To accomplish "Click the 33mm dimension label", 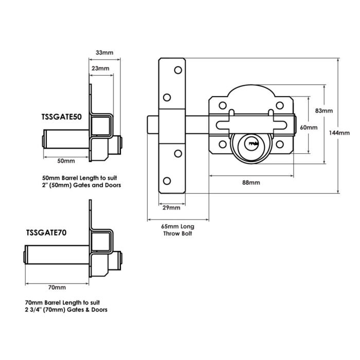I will pos(104,52).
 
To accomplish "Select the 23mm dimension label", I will pos(100,69).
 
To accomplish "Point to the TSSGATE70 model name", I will pos(47,232).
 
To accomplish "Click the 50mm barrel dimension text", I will pos(66,161).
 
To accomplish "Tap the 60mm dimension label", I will pos(309,127).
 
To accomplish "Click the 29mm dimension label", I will pos(171,208).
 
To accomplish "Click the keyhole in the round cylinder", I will pos(253,142).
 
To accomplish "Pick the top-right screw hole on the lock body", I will pos(281,106).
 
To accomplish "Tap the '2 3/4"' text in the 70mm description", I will pos(33,310).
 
